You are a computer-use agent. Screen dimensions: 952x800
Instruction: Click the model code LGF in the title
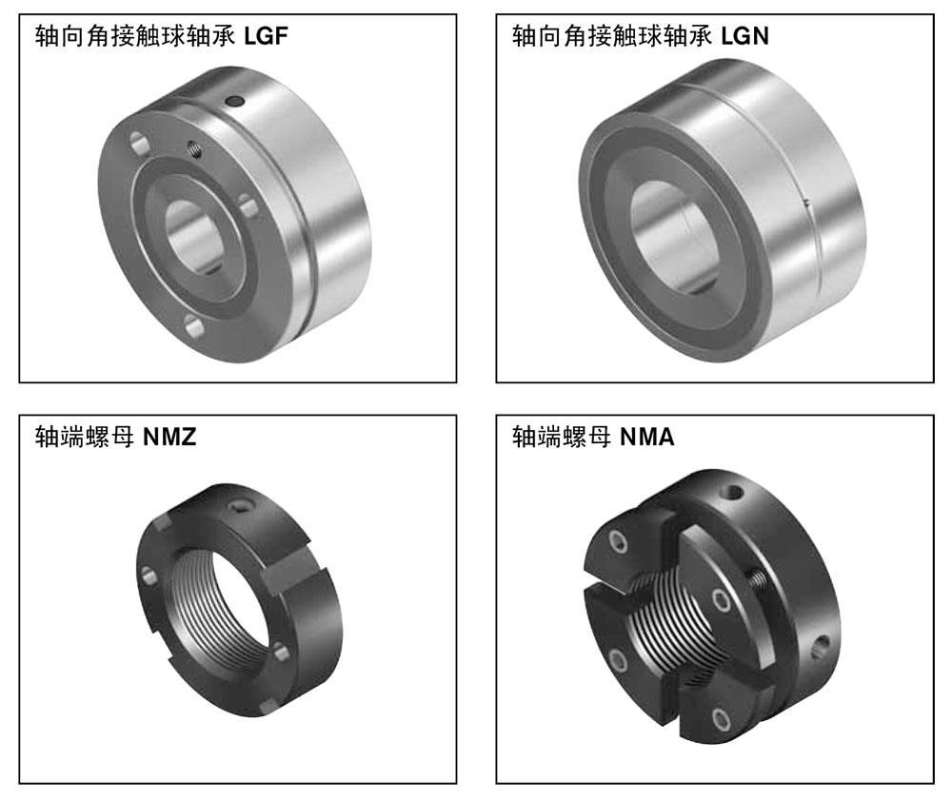[266, 36]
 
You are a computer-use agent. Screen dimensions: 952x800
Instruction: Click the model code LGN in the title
[744, 36]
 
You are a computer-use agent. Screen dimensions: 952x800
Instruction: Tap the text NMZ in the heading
[169, 437]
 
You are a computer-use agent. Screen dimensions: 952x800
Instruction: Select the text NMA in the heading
[647, 437]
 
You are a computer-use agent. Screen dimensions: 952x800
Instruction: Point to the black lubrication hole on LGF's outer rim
[234, 101]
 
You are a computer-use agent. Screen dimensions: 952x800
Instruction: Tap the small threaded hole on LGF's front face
[194, 148]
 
